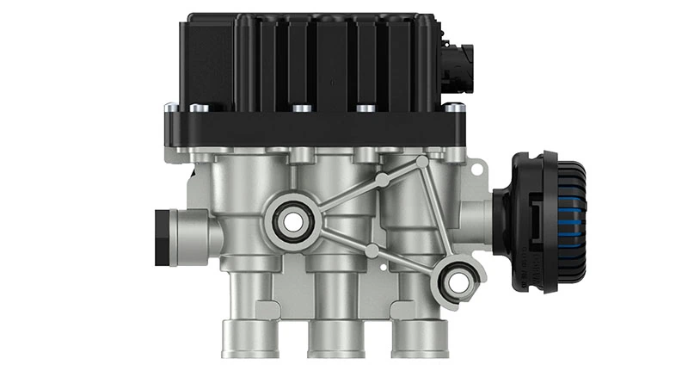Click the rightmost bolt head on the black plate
click(454, 108)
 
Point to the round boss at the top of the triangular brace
click(421, 161)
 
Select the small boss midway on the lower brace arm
click(372, 250)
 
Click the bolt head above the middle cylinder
click(300, 108)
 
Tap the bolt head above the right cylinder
click(365, 108)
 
